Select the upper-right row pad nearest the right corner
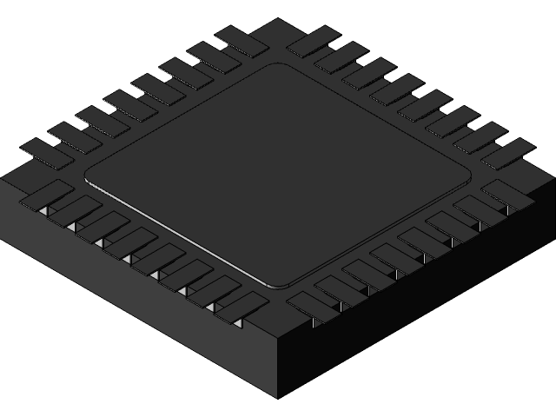tap(507, 153)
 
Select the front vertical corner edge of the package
tap(278, 365)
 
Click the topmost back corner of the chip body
tap(278, 19)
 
